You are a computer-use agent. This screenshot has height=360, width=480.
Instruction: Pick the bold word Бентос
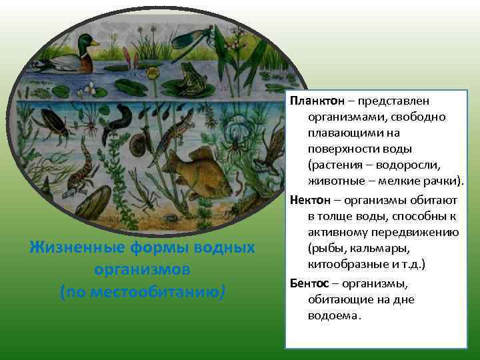coord(311,283)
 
